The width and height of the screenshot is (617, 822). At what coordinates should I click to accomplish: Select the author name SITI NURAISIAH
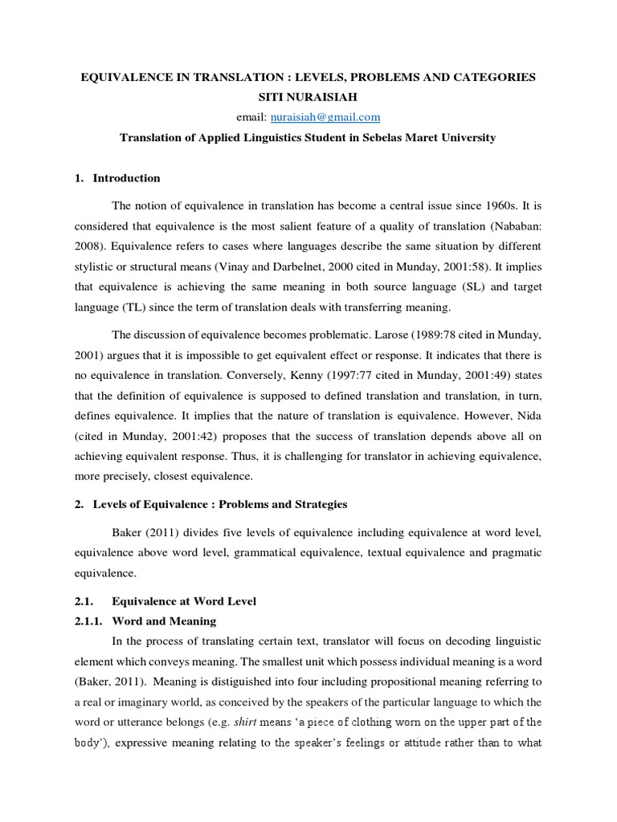click(308, 96)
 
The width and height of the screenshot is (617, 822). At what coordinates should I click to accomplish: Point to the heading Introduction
click(126, 178)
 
